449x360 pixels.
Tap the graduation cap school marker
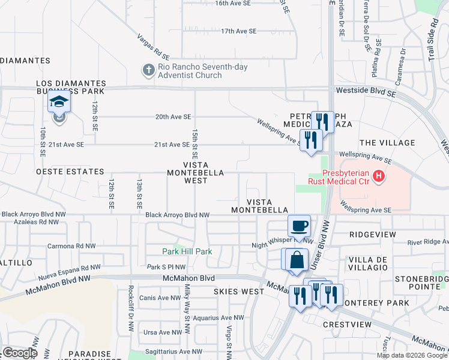pyautogui.click(x=59, y=103)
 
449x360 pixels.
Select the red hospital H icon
pyautogui.click(x=379, y=176)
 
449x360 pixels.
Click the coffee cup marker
pyautogui.click(x=299, y=226)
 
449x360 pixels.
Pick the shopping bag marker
pyautogui.click(x=297, y=260)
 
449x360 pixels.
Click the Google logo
pyautogui.click(x=19, y=353)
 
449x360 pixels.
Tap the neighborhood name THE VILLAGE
pyautogui.click(x=387, y=143)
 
